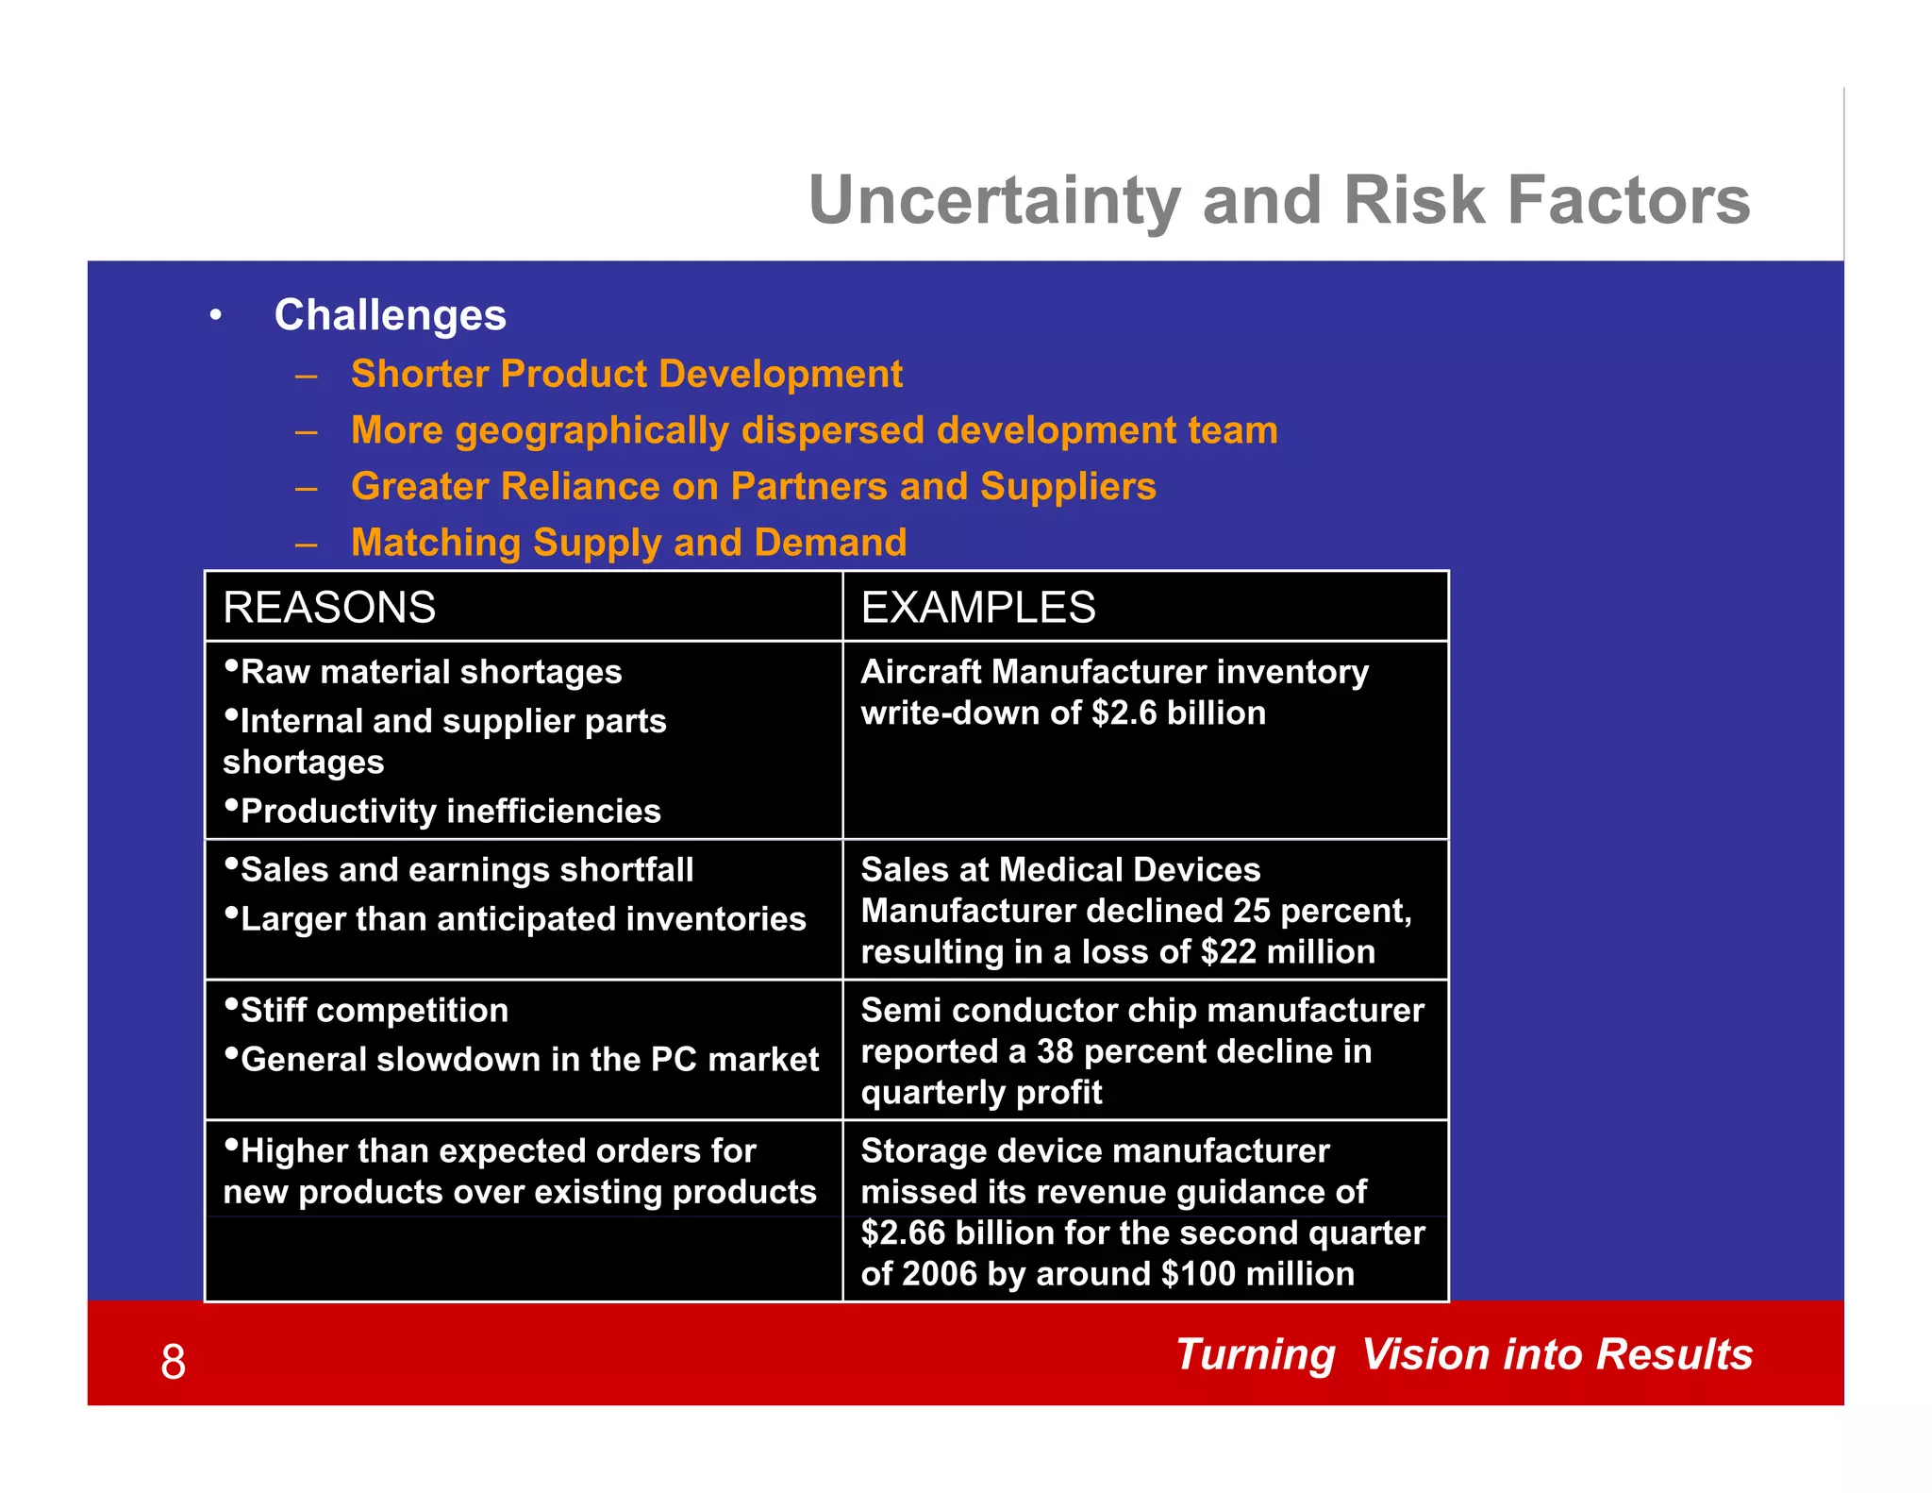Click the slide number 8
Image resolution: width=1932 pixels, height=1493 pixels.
pos(174,1362)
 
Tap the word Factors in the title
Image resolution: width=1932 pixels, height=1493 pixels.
pos(1628,201)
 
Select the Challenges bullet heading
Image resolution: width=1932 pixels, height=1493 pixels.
pos(390,315)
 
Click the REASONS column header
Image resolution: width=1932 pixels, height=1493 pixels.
pos(329,607)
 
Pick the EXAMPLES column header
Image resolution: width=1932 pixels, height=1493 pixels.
pos(977,607)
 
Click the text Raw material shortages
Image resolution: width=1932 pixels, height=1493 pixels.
pos(431,672)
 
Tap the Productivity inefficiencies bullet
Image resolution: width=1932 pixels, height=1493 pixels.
pos(450,812)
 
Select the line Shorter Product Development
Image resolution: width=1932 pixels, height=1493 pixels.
pos(626,375)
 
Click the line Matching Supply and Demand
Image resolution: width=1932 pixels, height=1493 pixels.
pos(628,543)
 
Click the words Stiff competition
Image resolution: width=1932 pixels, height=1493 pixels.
pos(374,1011)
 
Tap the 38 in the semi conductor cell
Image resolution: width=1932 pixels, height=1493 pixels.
pos(1057,1051)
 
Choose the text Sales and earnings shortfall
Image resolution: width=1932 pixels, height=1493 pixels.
pos(467,870)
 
